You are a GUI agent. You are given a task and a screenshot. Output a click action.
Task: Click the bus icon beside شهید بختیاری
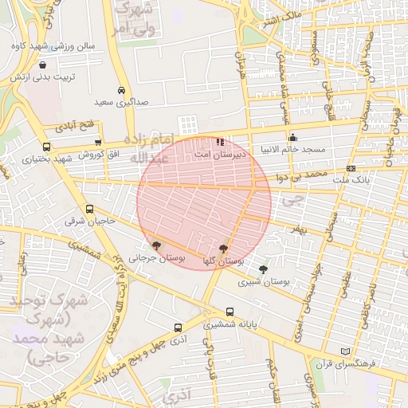pos(46,147)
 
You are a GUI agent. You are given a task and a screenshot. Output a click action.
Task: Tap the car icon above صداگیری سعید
pos(120,91)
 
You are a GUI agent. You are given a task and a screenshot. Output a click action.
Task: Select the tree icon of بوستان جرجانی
pos(156,245)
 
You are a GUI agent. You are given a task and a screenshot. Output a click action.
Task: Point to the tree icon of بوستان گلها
pos(223,248)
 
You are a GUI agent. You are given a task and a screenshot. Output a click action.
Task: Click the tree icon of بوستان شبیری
pos(263,269)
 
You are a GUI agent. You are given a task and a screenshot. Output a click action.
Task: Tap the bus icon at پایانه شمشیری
pos(230,312)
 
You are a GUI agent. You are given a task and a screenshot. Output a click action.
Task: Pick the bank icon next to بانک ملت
pos(351,168)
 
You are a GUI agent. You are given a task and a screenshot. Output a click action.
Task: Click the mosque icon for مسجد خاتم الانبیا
pos(293,136)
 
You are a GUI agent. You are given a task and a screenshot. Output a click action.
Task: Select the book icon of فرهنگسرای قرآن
pos(345,351)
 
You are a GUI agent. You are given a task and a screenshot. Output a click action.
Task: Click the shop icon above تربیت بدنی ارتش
pos(41,65)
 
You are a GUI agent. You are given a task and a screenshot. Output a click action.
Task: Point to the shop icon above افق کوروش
pos(97,142)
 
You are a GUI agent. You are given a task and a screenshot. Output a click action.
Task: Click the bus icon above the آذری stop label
pos(178,327)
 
